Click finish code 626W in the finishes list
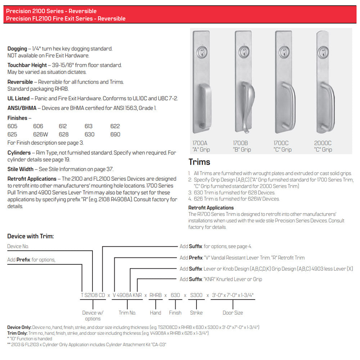point(41,134)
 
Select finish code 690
point(115,134)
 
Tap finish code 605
point(12,126)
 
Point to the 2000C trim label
point(323,143)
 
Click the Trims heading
point(199,162)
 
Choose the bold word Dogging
point(17,49)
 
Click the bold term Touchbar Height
point(27,65)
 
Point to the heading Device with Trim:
point(31,236)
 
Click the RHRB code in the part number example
point(156,295)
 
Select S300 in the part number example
point(196,295)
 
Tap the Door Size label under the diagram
point(233,312)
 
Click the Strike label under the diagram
point(196,312)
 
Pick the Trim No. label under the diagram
point(127,312)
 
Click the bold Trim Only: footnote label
point(17,333)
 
